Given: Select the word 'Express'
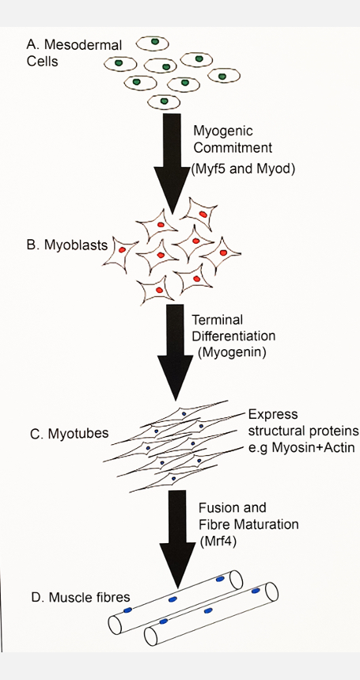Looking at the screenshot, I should click(x=271, y=414).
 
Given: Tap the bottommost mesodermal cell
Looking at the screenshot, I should click(x=164, y=101).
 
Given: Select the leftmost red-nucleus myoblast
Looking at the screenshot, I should click(x=123, y=249).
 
